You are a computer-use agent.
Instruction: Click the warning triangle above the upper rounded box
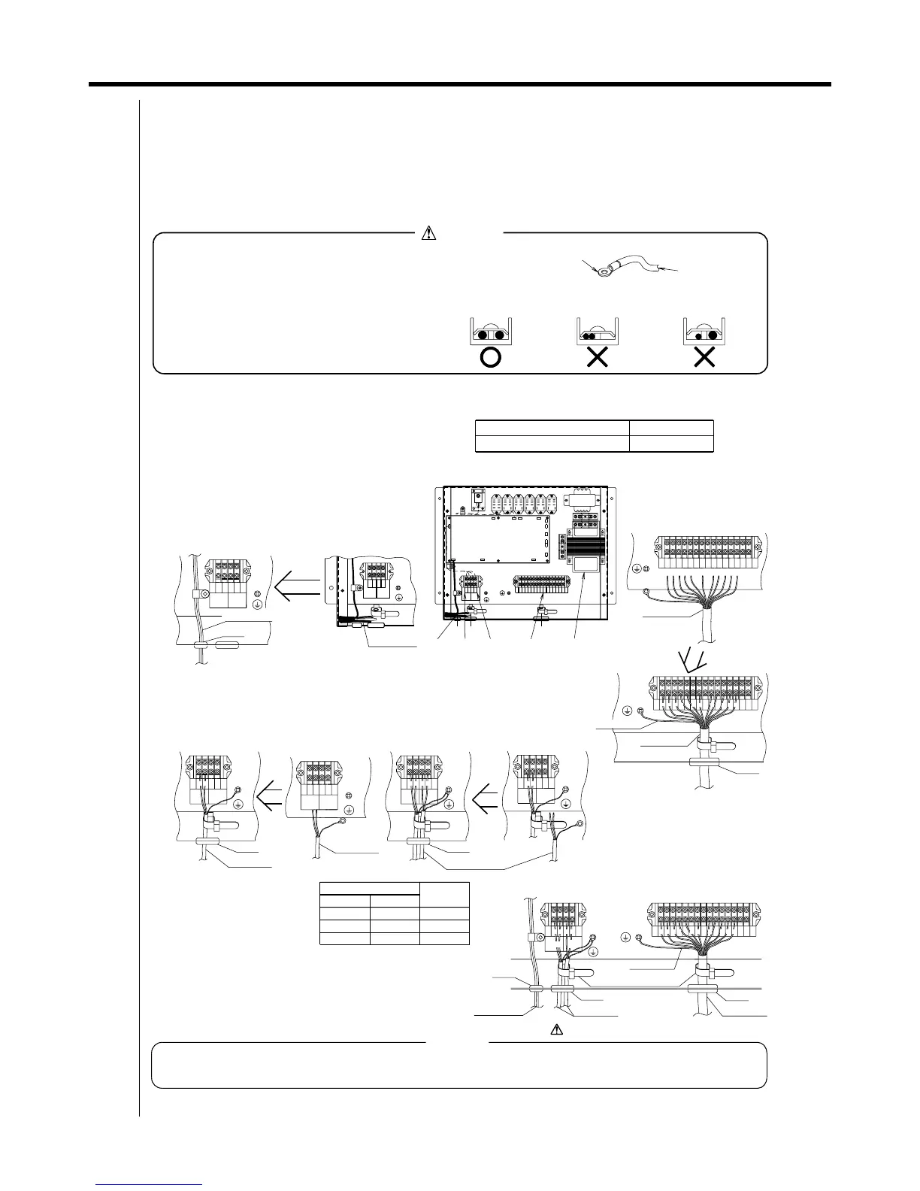pyautogui.click(x=428, y=233)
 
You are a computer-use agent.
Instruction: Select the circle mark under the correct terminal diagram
pyautogui.click(x=490, y=358)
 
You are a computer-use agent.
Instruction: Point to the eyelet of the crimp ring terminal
pyautogui.click(x=601, y=275)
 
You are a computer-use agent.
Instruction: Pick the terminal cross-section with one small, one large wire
pyautogui.click(x=704, y=333)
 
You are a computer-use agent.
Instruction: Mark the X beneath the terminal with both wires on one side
pyautogui.click(x=597, y=358)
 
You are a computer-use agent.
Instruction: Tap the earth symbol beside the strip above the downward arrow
pyautogui.click(x=637, y=569)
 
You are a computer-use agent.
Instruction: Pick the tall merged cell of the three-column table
pyautogui.click(x=444, y=895)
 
